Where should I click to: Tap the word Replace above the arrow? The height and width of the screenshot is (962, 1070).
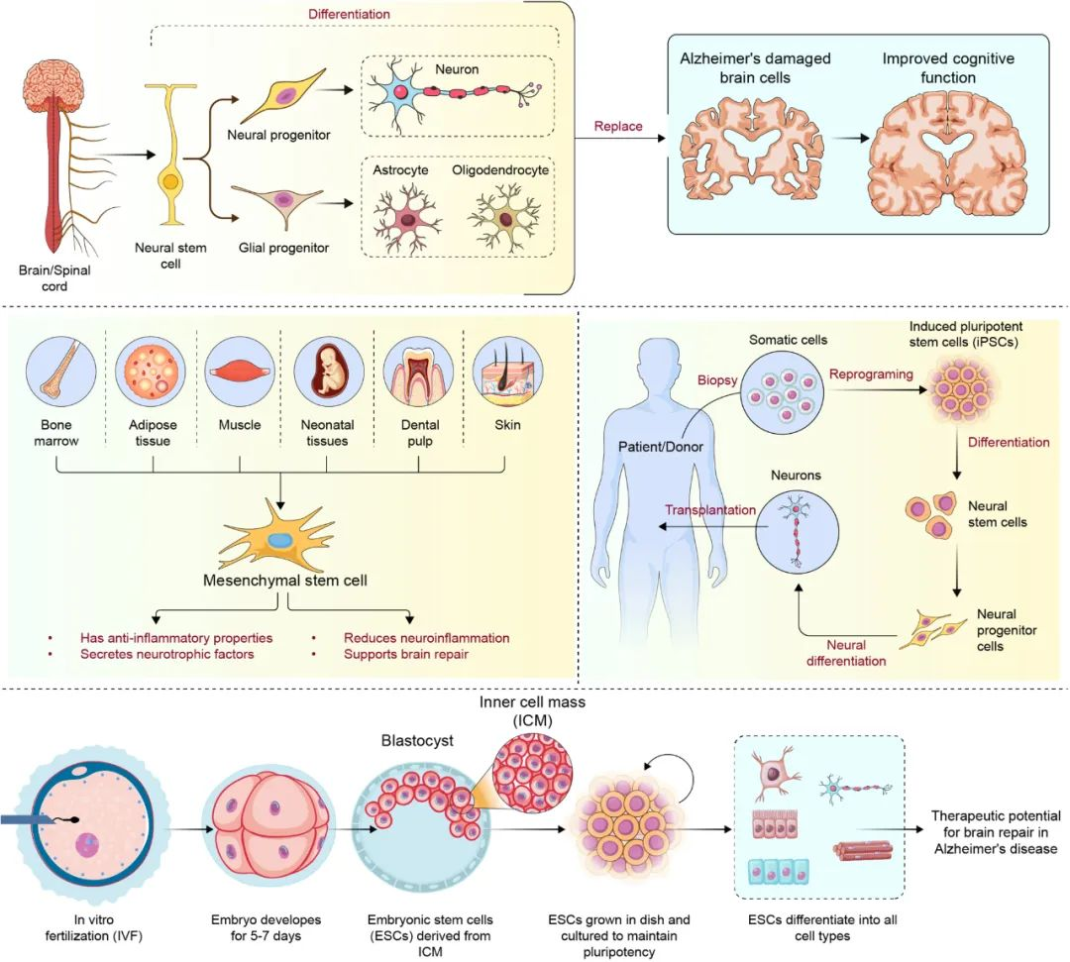(x=618, y=127)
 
